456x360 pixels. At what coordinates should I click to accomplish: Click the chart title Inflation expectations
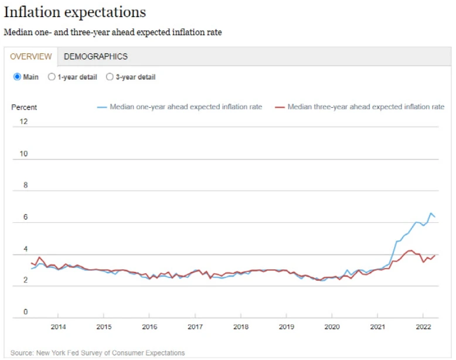coord(75,12)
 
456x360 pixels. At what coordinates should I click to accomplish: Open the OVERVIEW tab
coord(31,56)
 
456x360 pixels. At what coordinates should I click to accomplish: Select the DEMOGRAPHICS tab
coord(96,56)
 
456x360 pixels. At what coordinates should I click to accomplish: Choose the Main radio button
coord(17,77)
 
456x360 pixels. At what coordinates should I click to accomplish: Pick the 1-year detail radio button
coord(52,77)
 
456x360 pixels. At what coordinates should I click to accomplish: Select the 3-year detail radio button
coord(110,77)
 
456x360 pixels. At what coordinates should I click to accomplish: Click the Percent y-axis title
coord(24,107)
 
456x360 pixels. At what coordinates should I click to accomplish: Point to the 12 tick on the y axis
coord(23,122)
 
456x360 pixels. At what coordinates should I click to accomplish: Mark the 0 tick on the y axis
coord(25,312)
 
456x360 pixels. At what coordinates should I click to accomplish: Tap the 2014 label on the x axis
coord(58,326)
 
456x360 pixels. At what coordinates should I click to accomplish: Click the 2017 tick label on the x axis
coord(195,326)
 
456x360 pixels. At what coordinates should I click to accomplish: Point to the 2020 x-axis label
coord(332,326)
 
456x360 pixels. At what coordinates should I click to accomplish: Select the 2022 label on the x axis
coord(423,326)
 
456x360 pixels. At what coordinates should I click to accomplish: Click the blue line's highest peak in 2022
coord(431,213)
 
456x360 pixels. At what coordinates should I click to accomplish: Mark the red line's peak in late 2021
coord(410,250)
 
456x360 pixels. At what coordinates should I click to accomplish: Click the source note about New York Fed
coord(97,353)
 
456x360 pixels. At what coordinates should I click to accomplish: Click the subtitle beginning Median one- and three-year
coord(113,32)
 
